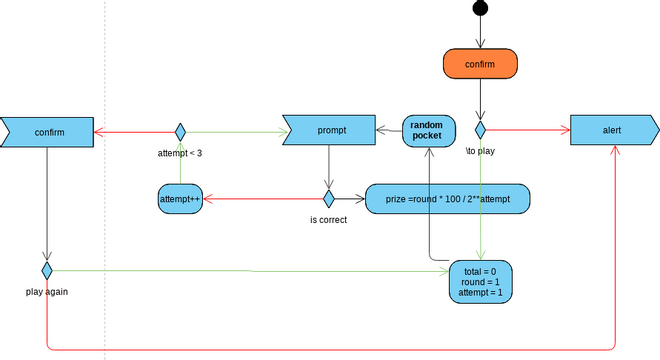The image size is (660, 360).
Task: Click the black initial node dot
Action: (480, 9)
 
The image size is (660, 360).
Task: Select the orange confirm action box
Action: (480, 65)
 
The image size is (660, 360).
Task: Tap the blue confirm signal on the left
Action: (47, 131)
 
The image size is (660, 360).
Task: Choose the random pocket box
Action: (429, 130)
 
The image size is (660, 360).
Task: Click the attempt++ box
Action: (181, 199)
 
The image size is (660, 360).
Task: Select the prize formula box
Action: (447, 199)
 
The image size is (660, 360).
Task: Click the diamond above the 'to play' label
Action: (480, 130)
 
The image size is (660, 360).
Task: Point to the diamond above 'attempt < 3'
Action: (181, 131)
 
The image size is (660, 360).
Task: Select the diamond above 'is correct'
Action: (328, 198)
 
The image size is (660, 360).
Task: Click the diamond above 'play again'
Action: (47, 271)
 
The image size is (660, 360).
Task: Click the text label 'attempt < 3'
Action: (181, 153)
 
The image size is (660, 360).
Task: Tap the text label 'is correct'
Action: (328, 220)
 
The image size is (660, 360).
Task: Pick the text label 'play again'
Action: (47, 293)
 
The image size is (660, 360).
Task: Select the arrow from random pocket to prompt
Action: (389, 130)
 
